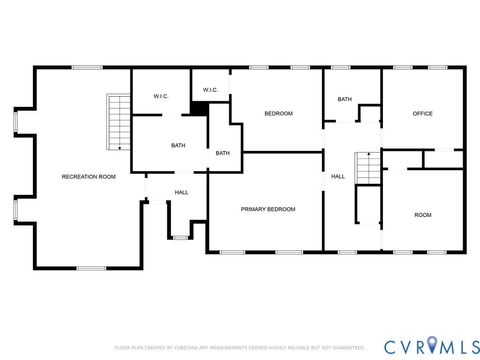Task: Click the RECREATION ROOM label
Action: tap(89, 177)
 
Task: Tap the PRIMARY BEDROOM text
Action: tap(268, 209)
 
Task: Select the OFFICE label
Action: tap(423, 114)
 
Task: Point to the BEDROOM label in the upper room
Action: tap(278, 114)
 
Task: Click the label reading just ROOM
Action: tap(423, 215)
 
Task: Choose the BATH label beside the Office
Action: tap(344, 99)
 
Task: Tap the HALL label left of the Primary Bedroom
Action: tap(182, 192)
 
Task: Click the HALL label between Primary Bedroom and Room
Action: tap(339, 177)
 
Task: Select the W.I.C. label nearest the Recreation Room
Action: tap(160, 97)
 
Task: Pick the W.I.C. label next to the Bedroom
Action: tap(211, 90)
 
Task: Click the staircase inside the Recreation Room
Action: tap(119, 122)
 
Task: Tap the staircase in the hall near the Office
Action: tap(369, 169)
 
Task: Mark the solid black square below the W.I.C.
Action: tap(200, 107)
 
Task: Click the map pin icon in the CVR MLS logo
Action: tap(431, 346)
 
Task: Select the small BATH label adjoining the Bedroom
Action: tap(222, 153)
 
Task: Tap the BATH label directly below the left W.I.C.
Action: tap(178, 146)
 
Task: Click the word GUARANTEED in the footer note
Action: tap(343, 347)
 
